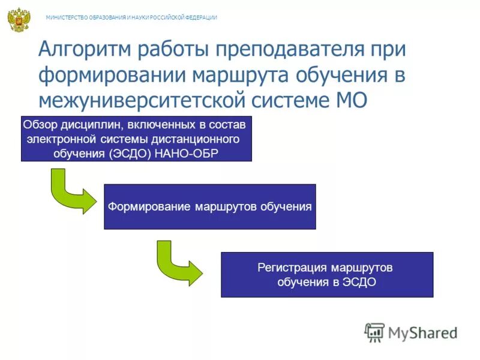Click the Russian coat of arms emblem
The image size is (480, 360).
[19, 19]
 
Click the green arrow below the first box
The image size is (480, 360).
[69, 191]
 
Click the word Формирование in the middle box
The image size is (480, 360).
[149, 207]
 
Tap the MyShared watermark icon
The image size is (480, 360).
[374, 332]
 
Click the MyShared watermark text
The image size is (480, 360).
[422, 332]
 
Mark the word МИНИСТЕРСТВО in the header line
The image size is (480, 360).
[66, 17]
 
